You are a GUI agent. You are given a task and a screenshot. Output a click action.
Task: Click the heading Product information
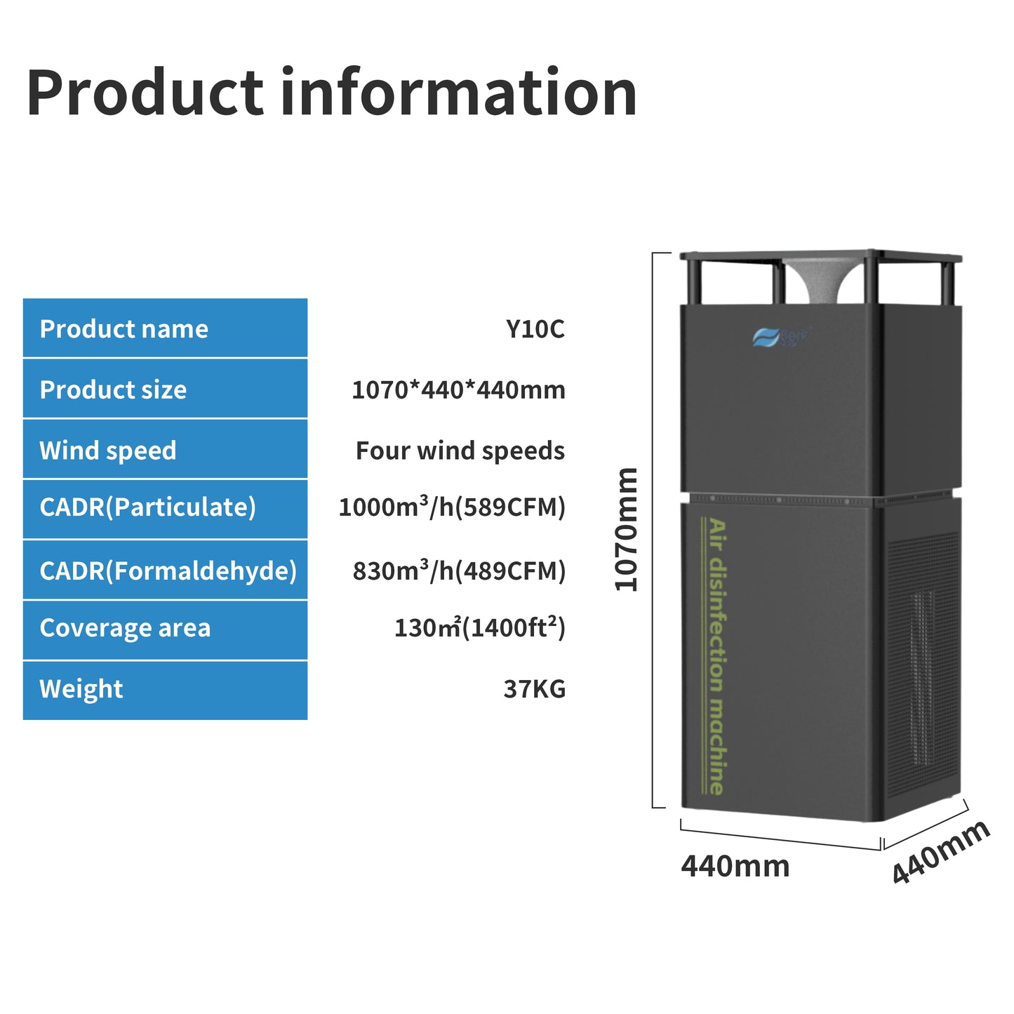click(331, 93)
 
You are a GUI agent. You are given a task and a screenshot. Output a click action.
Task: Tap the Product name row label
click(124, 329)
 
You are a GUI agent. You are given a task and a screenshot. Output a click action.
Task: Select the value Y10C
click(535, 329)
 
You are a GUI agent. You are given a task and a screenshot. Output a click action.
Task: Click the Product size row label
click(113, 390)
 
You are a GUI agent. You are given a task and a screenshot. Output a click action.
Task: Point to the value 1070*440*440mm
click(458, 390)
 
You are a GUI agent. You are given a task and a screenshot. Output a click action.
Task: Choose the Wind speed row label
click(107, 451)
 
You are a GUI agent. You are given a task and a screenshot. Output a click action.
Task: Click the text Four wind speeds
click(460, 451)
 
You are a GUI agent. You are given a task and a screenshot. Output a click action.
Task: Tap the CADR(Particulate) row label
click(147, 507)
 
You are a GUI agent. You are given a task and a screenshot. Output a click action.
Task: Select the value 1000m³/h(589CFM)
click(452, 507)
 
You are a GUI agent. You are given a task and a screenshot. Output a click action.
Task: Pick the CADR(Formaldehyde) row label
click(168, 571)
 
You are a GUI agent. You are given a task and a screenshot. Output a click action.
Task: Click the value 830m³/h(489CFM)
click(459, 571)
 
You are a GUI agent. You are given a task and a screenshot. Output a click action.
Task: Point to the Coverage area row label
click(125, 628)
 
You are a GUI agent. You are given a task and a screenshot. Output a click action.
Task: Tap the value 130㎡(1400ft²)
click(479, 628)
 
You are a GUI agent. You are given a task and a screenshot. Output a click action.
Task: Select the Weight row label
click(81, 689)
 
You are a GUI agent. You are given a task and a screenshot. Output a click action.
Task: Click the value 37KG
click(534, 689)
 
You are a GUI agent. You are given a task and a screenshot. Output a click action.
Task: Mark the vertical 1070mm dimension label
click(626, 530)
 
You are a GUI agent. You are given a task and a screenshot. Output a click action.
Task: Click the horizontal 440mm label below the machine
click(735, 867)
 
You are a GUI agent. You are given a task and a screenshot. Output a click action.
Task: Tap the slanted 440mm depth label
click(941, 851)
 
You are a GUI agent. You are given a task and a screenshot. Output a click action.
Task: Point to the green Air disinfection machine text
click(716, 656)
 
